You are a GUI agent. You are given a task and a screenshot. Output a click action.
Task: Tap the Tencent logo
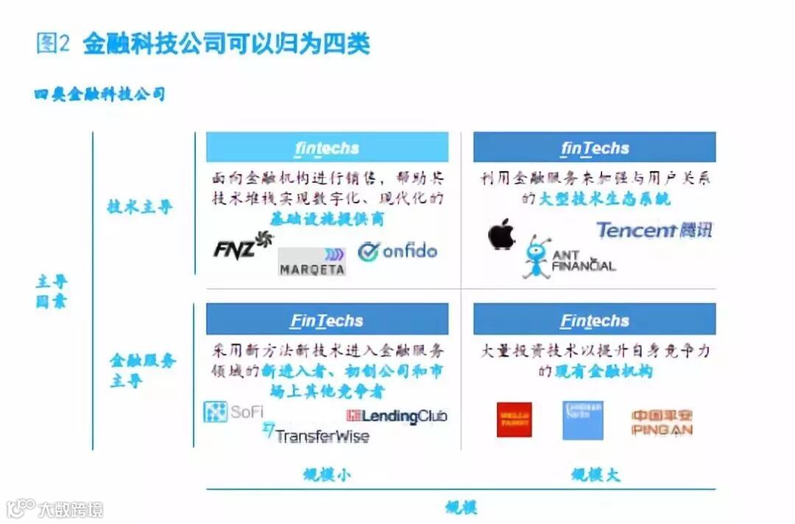(654, 230)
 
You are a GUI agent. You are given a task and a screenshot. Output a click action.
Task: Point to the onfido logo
(397, 251)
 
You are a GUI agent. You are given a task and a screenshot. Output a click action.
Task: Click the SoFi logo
(233, 412)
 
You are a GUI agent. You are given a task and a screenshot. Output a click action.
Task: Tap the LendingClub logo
(397, 416)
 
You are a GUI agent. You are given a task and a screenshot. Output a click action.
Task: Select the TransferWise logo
(317, 434)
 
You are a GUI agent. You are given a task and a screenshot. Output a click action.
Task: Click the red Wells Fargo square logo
(514, 419)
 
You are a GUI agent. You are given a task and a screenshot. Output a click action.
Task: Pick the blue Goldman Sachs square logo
(582, 419)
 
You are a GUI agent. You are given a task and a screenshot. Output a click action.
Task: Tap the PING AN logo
(662, 422)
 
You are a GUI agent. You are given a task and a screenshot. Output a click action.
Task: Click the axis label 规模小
(327, 474)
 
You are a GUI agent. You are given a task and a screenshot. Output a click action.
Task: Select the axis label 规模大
(596, 474)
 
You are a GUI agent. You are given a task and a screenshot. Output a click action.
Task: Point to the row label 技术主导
(140, 207)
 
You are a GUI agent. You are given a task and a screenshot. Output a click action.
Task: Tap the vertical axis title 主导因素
(52, 292)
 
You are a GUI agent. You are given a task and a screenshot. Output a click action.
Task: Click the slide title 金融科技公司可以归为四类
(226, 43)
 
